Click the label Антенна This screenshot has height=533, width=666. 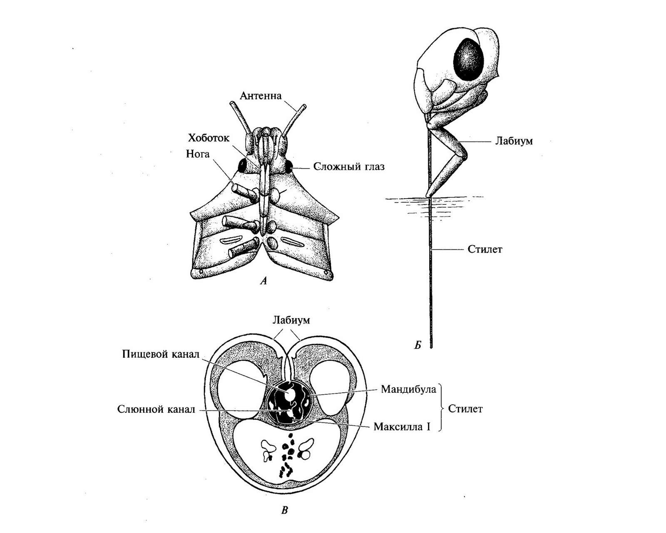point(261,96)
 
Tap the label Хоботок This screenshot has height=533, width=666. point(208,138)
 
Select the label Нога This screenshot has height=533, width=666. point(198,154)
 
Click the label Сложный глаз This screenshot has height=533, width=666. point(349,167)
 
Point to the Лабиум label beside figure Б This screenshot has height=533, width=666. point(514,141)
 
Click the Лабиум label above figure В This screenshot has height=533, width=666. point(291,320)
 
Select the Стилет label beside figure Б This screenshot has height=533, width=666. point(485,249)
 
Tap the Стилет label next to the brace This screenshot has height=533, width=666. point(465,409)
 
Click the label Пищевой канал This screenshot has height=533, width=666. point(161,354)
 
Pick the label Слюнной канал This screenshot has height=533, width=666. point(156,409)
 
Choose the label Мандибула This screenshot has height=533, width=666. point(408,389)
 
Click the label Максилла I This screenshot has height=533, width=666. point(402,427)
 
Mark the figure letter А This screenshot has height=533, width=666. point(263,281)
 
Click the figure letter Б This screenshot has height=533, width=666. point(417,345)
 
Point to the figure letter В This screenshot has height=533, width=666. point(284,511)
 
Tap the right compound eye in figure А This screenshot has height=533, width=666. point(288,167)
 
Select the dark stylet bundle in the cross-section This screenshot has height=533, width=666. point(288,402)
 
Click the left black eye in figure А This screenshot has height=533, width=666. point(242,166)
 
